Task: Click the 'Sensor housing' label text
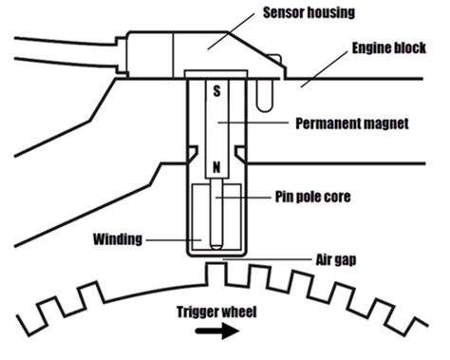tap(309, 12)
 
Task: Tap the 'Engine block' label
tap(389, 47)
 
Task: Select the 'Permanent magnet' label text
tap(352, 123)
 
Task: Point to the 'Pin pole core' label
tap(312, 197)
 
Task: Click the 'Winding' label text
tap(118, 239)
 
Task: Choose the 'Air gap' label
tap(336, 260)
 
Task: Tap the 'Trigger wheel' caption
tap(216, 312)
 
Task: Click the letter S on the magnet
tap(216, 91)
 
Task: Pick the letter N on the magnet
tap(216, 167)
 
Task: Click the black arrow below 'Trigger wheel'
tap(217, 332)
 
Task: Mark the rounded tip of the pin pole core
tap(216, 246)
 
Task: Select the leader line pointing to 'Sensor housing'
tap(231, 31)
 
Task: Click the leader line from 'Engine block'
tap(324, 69)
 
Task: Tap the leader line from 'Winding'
tap(174, 240)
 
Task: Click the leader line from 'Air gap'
tap(267, 259)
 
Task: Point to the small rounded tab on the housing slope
tap(274, 58)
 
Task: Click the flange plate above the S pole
tap(216, 74)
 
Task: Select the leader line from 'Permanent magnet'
tap(253, 122)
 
